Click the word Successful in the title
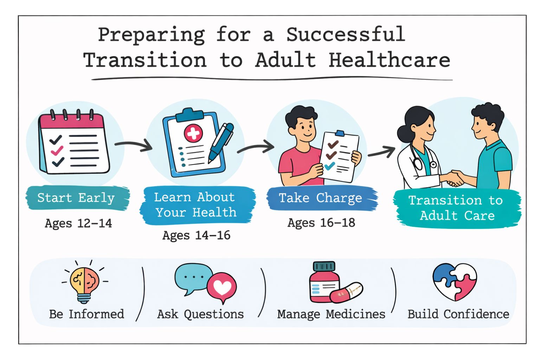click(x=346, y=34)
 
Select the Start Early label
click(x=76, y=198)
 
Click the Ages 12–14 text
click(x=78, y=223)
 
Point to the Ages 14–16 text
click(x=197, y=235)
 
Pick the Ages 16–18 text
click(x=321, y=223)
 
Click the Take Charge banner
click(x=322, y=198)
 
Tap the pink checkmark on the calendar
click(x=57, y=150)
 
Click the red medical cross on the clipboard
click(x=193, y=133)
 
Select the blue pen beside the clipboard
click(x=221, y=143)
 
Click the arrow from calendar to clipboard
click(x=133, y=145)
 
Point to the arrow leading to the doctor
click(x=381, y=152)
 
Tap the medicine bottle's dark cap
click(x=324, y=266)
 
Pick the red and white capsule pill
click(x=346, y=292)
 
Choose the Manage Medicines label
click(x=331, y=314)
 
